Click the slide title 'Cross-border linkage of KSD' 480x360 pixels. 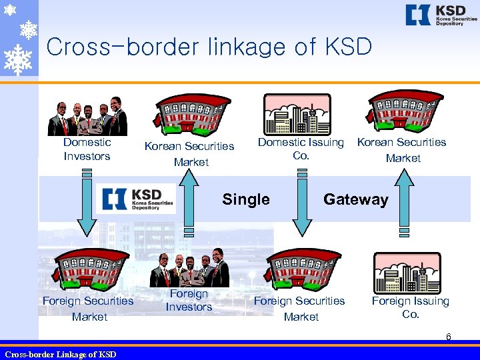209,47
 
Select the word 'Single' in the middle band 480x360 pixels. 246,199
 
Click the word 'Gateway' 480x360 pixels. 355,199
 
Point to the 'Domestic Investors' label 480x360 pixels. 87,149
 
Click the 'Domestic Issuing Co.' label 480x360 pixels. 301,149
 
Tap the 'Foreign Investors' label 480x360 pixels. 189,301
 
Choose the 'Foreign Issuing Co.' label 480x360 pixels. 410,307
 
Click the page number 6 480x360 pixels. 449,337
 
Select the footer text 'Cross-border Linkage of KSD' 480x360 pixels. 60,354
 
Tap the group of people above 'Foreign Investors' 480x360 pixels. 189,268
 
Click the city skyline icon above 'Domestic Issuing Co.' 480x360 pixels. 297,115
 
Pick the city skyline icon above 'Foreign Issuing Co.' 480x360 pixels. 407,273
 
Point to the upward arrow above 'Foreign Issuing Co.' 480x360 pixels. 403,200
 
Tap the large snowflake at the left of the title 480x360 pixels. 17,59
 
